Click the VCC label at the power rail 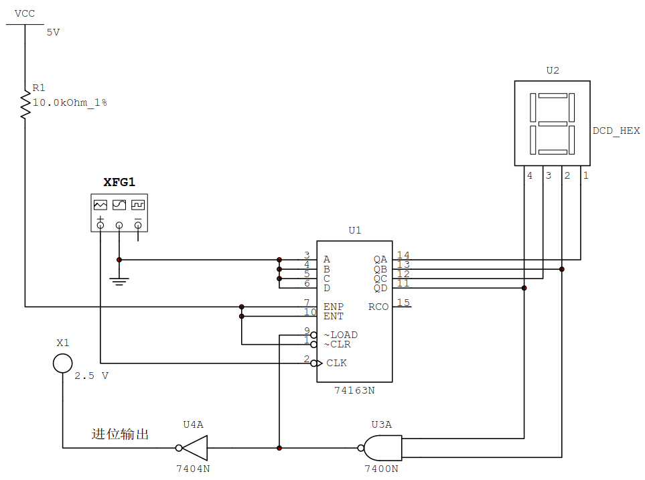click(x=25, y=14)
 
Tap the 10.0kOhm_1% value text click(x=70, y=102)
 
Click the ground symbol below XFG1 click(x=119, y=281)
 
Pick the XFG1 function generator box click(x=119, y=213)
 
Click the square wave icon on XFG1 click(x=138, y=205)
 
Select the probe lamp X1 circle click(x=63, y=363)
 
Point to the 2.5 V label click(x=91, y=376)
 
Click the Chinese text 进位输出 click(x=120, y=434)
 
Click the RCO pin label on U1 click(x=378, y=307)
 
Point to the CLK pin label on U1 click(x=336, y=363)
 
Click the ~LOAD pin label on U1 click(x=341, y=335)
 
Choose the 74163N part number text click(x=354, y=390)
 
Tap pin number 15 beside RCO click(x=403, y=303)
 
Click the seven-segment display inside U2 click(x=553, y=123)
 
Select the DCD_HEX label click(x=616, y=131)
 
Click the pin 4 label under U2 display click(x=529, y=175)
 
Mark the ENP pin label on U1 click(x=334, y=307)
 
